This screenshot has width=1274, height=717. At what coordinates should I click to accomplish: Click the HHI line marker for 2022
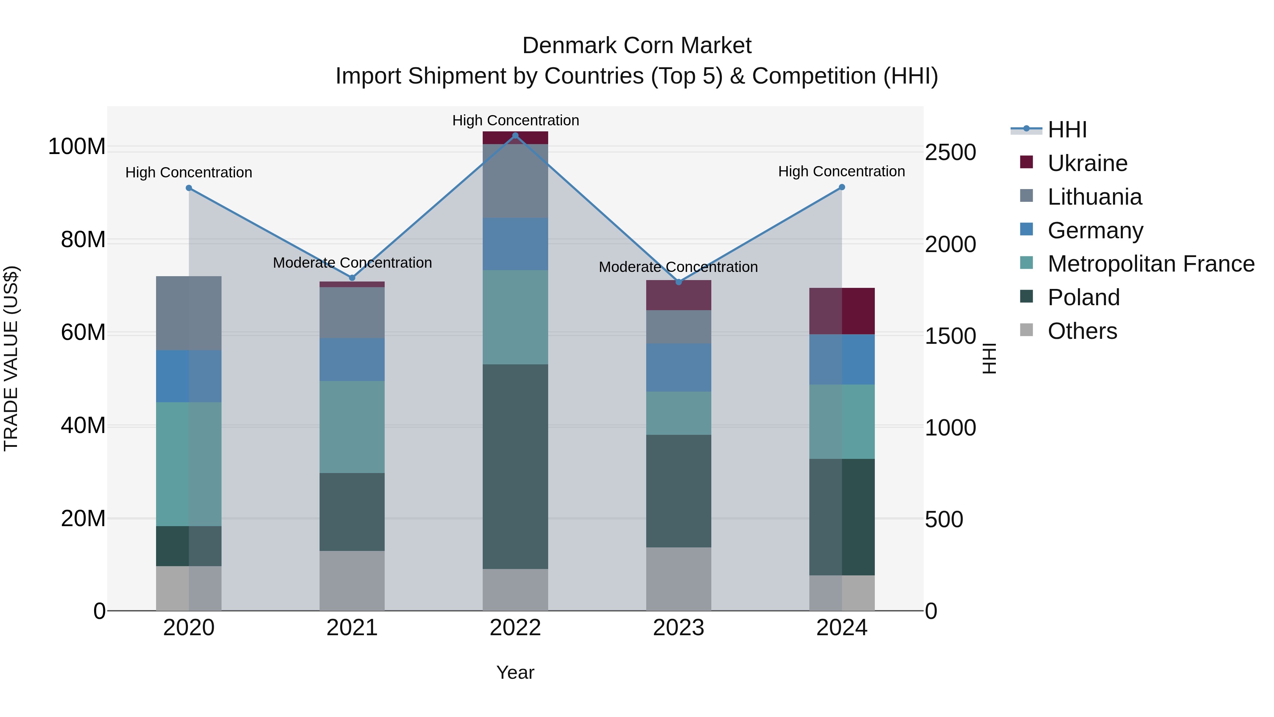pyautogui.click(x=515, y=136)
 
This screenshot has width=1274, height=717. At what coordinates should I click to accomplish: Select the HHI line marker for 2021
pyautogui.click(x=352, y=278)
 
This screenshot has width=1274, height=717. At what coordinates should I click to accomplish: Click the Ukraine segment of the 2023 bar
pyautogui.click(x=678, y=295)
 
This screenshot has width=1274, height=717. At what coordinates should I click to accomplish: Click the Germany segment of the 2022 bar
pyautogui.click(x=515, y=244)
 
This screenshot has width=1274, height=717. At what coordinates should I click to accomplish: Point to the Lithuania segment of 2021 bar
pyautogui.click(x=352, y=313)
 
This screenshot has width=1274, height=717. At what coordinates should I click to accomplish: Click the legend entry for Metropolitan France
pyautogui.click(x=1150, y=264)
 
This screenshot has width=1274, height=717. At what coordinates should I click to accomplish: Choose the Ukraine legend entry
pyautogui.click(x=1087, y=163)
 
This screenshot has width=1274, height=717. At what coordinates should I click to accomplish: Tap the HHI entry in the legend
pyautogui.click(x=1067, y=130)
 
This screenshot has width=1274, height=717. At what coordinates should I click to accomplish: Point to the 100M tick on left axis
pyautogui.click(x=77, y=147)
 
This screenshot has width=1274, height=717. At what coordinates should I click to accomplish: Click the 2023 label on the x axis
pyautogui.click(x=678, y=628)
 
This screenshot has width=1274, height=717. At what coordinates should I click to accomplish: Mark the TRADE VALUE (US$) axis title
pyautogui.click(x=11, y=358)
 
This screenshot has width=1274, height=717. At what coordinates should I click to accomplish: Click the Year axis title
pyautogui.click(x=515, y=672)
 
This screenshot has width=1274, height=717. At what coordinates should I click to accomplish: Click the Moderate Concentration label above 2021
pyautogui.click(x=352, y=263)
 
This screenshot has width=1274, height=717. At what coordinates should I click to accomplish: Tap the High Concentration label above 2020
pyautogui.click(x=188, y=173)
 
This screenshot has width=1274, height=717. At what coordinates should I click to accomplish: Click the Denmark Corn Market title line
pyautogui.click(x=637, y=46)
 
